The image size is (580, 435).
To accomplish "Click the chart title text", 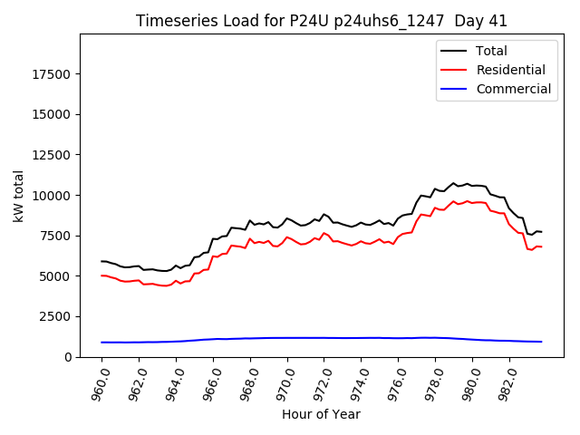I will coord(322,21).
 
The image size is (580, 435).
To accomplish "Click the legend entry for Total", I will coord(491,51).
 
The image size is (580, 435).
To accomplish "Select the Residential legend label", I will coord(510,70).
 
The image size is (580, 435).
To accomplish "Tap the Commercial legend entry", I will coord(513,89).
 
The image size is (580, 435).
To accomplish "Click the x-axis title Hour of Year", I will coord(322,415).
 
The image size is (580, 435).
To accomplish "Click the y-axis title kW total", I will coord(19,196).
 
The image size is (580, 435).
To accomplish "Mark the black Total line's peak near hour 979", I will coord(454,183).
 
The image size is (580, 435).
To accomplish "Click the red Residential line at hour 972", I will coord(324,233).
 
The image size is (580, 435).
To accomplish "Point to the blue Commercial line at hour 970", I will coord(287,338).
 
